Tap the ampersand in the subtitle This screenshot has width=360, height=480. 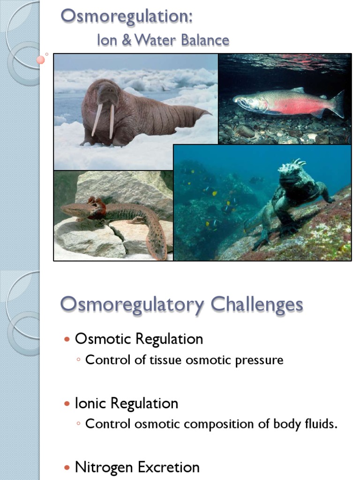(x=127, y=40)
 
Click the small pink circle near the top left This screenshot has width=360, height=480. (x=41, y=60)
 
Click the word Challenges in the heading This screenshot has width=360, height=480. (x=256, y=305)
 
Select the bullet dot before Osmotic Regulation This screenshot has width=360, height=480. (x=67, y=339)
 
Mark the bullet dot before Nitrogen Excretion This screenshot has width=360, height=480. (x=67, y=467)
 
